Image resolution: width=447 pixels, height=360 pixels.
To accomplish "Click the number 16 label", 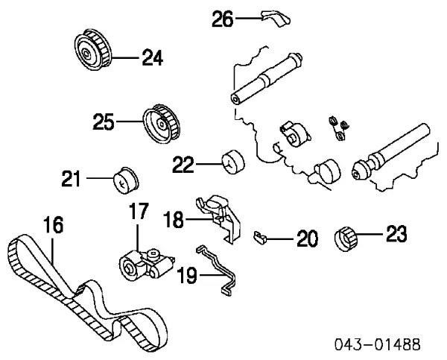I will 53,224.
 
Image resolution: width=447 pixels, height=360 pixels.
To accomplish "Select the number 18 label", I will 174,219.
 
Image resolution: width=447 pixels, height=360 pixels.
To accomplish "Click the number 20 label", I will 307,239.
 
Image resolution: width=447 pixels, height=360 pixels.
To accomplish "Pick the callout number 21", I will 72,178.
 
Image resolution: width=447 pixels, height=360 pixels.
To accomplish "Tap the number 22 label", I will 183,163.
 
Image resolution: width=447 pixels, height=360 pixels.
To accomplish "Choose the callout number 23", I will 396,236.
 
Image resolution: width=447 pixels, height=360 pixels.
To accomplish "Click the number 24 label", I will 152,57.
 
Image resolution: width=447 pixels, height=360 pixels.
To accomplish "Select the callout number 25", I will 104,121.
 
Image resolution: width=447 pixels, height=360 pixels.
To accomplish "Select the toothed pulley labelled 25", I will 160,123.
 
